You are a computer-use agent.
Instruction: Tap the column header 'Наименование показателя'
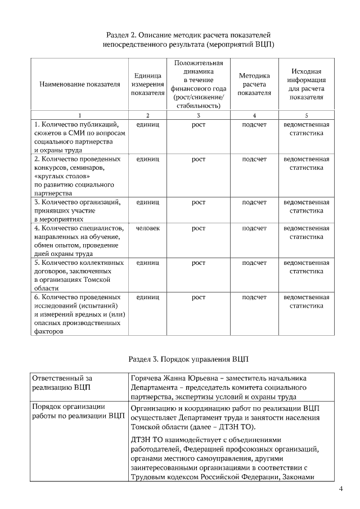tap(80, 85)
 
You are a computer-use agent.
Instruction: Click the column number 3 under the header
tap(198, 115)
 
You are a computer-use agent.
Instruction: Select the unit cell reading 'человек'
tap(147, 228)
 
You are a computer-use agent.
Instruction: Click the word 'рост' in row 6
tap(198, 297)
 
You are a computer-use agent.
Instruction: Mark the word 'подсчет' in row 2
tap(254, 159)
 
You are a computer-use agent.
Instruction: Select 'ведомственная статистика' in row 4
tap(306, 232)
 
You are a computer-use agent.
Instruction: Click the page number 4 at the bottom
tap(341, 488)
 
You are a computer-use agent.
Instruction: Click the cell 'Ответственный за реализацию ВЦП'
tap(62, 382)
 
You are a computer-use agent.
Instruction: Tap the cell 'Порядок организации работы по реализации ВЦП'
tap(78, 411)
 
